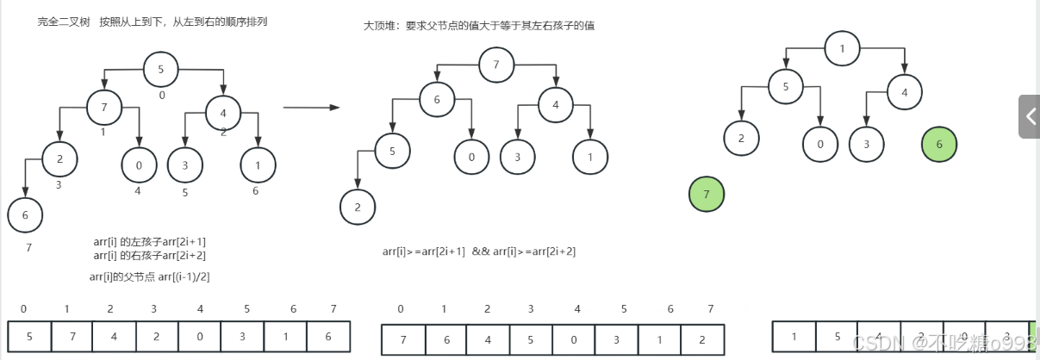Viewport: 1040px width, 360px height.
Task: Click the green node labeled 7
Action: pyautogui.click(x=707, y=195)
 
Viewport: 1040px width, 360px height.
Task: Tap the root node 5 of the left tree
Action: pyautogui.click(x=160, y=70)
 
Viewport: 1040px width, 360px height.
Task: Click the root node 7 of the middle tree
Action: pyautogui.click(x=496, y=65)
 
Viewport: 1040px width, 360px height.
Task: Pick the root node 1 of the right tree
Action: pyautogui.click(x=842, y=48)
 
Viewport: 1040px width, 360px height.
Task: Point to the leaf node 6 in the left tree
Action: pyautogui.click(x=25, y=215)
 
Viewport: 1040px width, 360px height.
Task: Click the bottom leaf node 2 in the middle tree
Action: pyautogui.click(x=357, y=207)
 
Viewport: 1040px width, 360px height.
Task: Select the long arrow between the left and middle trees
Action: pyautogui.click(x=311, y=108)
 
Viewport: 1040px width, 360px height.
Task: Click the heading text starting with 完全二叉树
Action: pyautogui.click(x=152, y=22)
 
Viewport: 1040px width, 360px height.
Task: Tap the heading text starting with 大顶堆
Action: pyautogui.click(x=479, y=26)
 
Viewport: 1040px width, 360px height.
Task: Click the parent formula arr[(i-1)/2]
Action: pyautogui.click(x=149, y=276)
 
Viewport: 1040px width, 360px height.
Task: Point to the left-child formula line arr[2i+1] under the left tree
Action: pyautogui.click(x=149, y=242)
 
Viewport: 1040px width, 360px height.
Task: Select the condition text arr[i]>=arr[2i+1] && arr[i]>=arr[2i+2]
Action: pyautogui.click(x=479, y=251)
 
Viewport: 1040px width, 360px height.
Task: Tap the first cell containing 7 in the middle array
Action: pyautogui.click(x=402, y=338)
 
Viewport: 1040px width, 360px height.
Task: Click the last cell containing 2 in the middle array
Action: pyautogui.click(x=701, y=338)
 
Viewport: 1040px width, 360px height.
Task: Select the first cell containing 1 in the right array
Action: pyautogui.click(x=794, y=337)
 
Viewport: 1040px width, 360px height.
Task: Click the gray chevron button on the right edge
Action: pyautogui.click(x=1030, y=116)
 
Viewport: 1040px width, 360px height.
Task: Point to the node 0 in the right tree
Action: pyautogui.click(x=819, y=143)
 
